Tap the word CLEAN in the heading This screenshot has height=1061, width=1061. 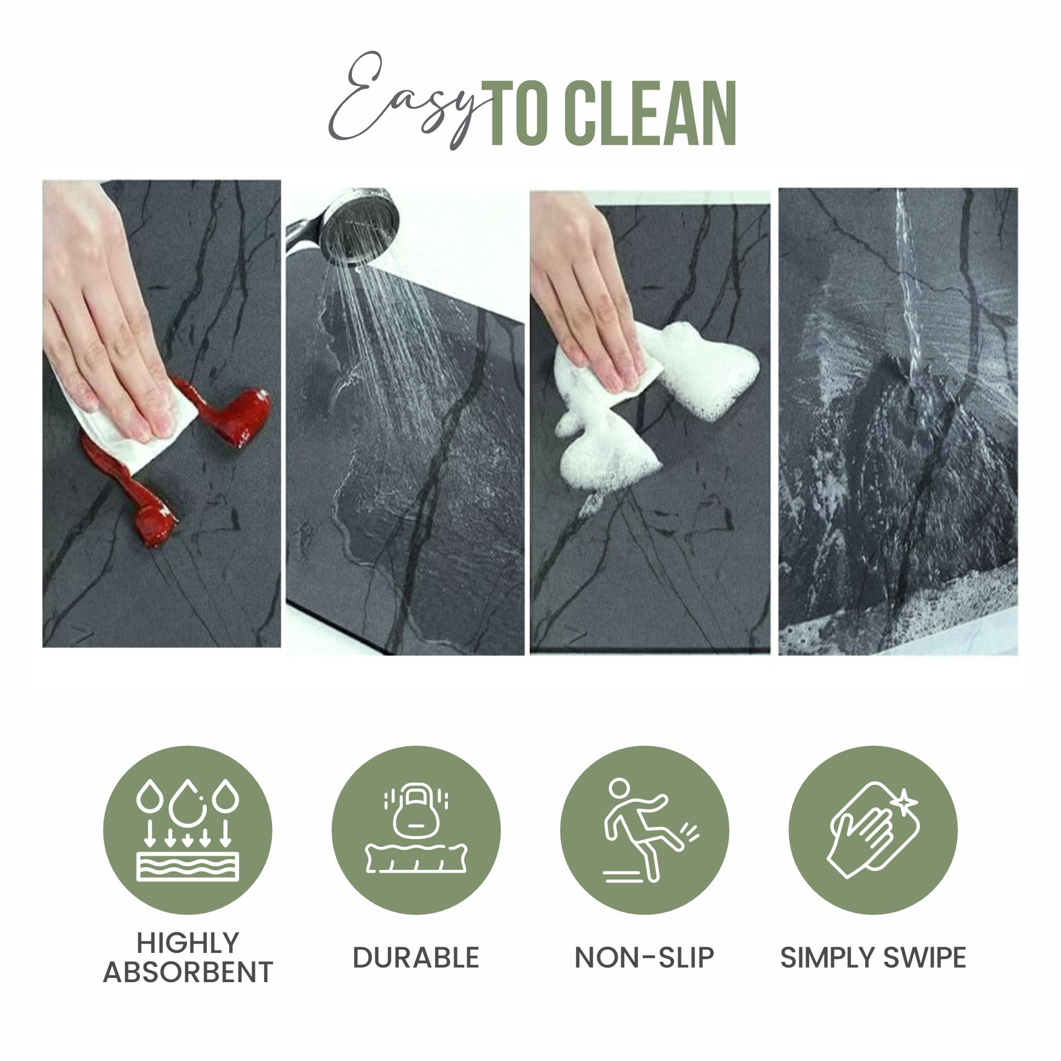(x=650, y=114)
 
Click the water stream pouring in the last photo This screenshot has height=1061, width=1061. (x=909, y=291)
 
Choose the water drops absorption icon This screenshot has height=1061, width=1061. (x=187, y=830)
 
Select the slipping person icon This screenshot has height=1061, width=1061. (x=644, y=830)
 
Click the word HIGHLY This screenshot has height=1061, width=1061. (x=187, y=943)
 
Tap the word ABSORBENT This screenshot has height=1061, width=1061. (x=187, y=972)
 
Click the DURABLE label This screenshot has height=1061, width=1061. (x=416, y=958)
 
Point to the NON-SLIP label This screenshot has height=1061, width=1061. (x=644, y=958)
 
